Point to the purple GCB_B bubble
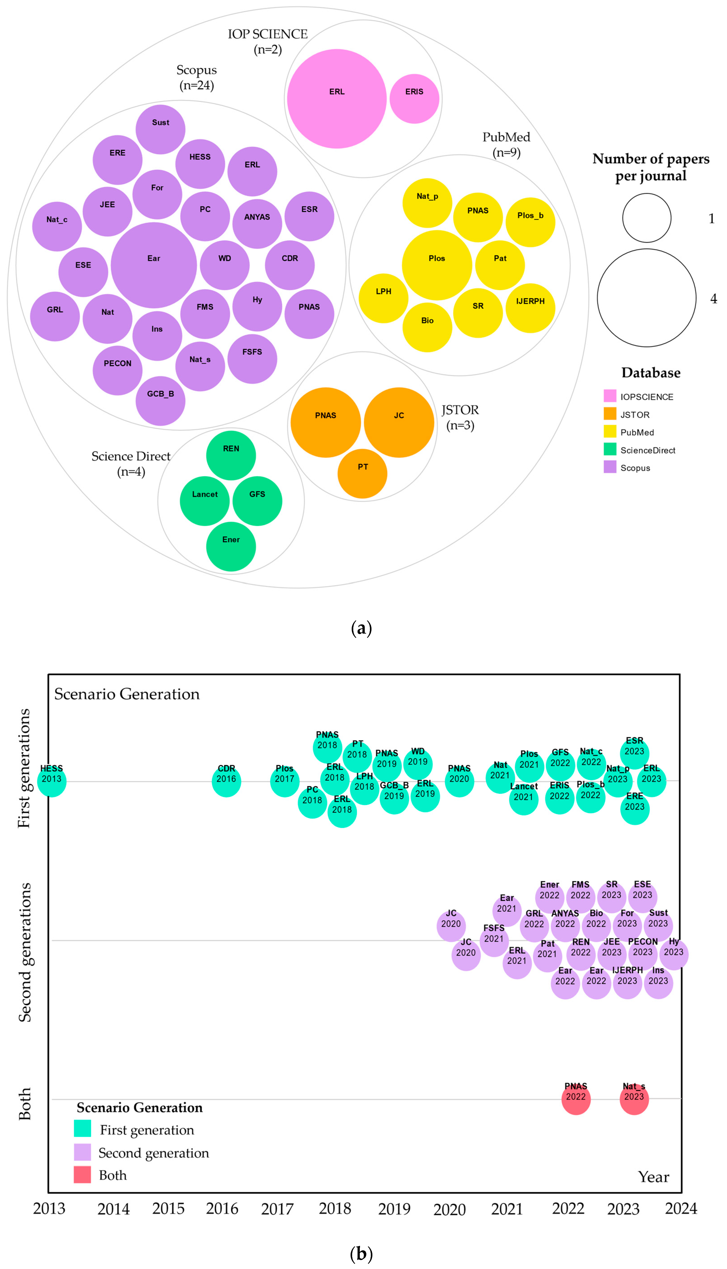coord(160,401)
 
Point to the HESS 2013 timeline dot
coord(51,782)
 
